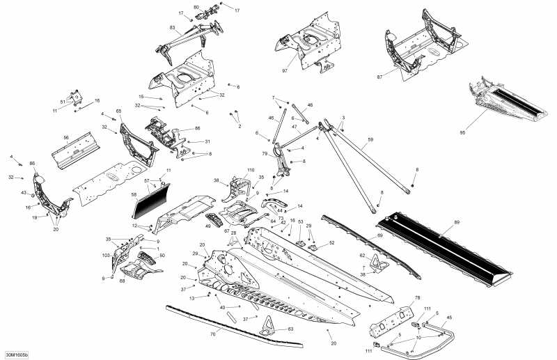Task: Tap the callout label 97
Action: click(285, 71)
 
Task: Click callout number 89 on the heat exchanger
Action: click(457, 223)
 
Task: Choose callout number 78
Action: click(418, 298)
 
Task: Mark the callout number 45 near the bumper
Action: click(448, 318)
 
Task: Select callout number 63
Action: click(290, 328)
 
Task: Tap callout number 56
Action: click(66, 138)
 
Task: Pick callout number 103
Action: click(107, 256)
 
